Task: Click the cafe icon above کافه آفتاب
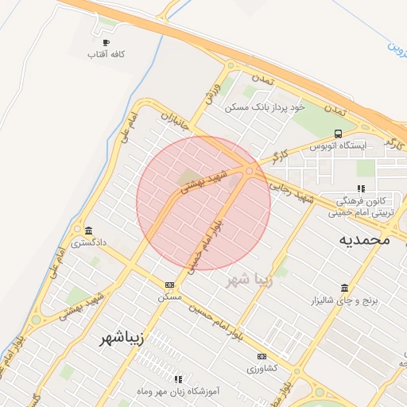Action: [x=106, y=43]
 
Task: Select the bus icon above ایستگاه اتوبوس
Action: [x=339, y=134]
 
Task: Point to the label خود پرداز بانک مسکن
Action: [x=264, y=107]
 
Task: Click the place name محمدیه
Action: [x=363, y=238]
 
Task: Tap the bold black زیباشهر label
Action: [x=122, y=339]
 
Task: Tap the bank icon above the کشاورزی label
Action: [x=262, y=356]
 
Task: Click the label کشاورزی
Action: [x=262, y=369]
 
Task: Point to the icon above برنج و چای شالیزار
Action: [x=344, y=288]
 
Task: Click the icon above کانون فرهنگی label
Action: [x=361, y=188]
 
